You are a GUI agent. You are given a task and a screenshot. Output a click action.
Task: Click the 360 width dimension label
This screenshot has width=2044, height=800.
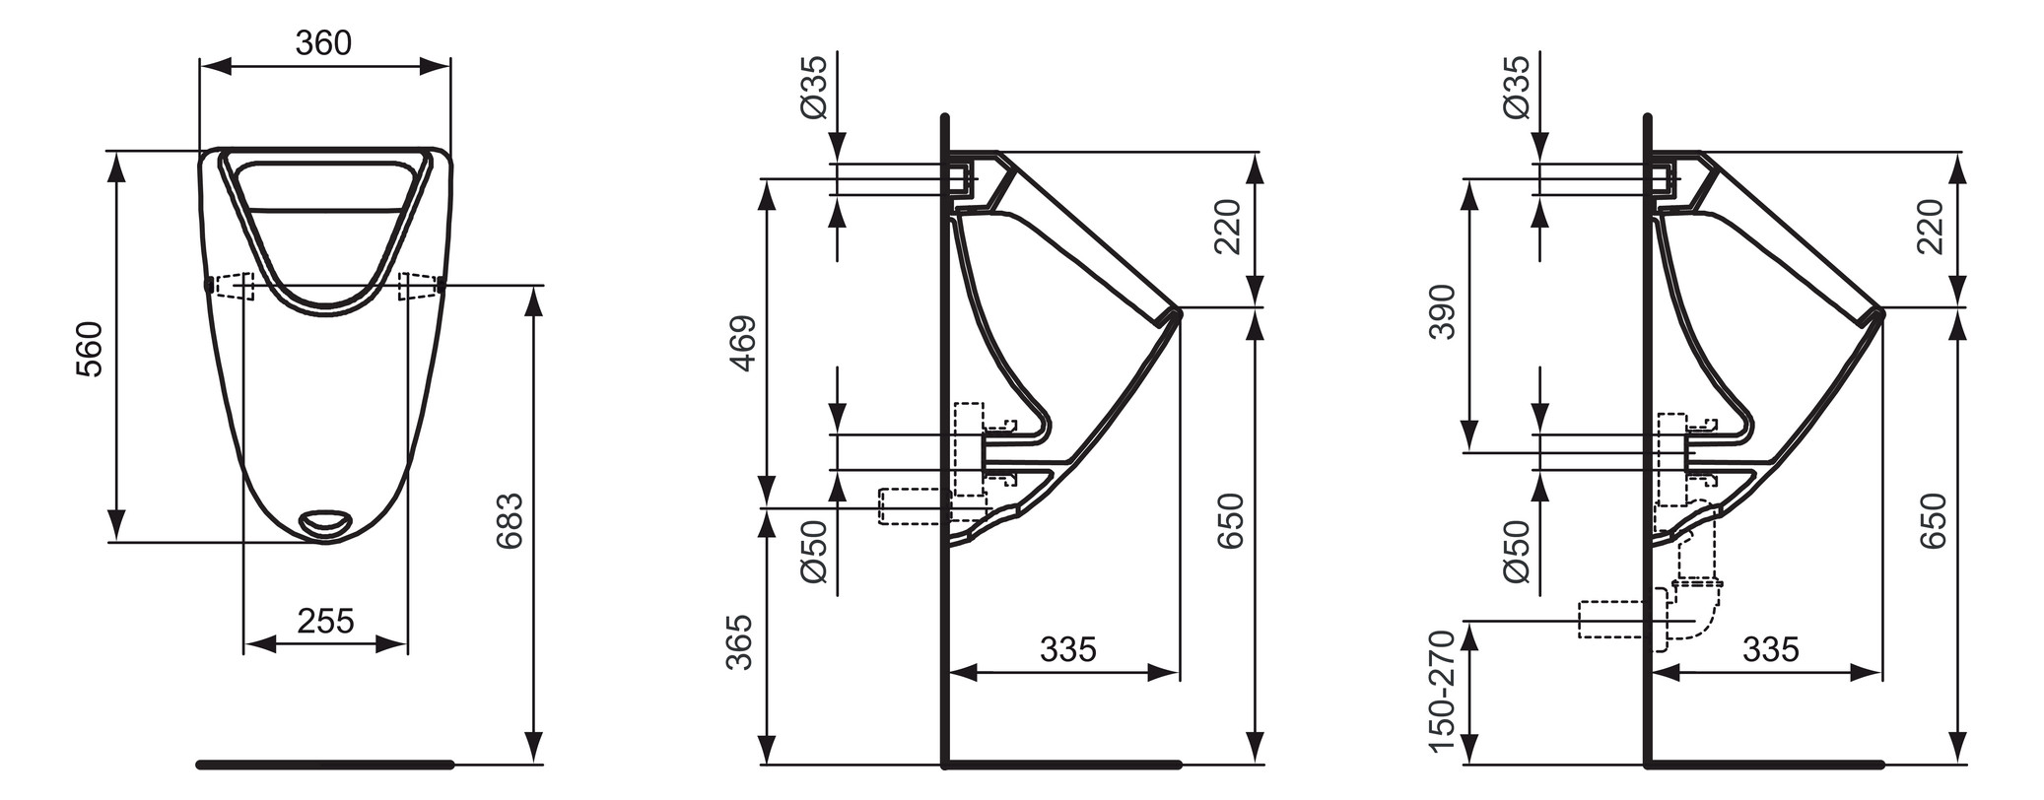(323, 42)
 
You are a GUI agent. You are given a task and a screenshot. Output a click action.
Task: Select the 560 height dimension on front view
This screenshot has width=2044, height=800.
(89, 348)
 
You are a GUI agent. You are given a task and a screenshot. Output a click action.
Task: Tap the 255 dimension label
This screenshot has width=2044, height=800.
(325, 621)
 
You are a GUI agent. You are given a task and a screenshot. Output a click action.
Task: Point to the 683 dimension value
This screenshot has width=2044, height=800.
(510, 520)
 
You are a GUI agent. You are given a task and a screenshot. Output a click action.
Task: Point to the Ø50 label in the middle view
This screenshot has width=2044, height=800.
(815, 551)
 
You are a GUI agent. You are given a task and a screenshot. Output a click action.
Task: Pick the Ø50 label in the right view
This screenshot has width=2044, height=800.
(1518, 551)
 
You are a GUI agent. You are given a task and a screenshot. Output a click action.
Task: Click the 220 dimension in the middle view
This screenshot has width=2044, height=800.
(1227, 227)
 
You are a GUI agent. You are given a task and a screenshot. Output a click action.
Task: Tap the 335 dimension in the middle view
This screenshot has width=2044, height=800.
(1068, 649)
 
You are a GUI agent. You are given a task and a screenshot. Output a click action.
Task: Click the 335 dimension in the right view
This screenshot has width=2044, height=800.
(1771, 649)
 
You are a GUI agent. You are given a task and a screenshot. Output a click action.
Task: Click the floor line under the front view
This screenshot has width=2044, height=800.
(325, 764)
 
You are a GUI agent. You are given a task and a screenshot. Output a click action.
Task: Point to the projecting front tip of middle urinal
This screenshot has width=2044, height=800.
(1177, 312)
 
